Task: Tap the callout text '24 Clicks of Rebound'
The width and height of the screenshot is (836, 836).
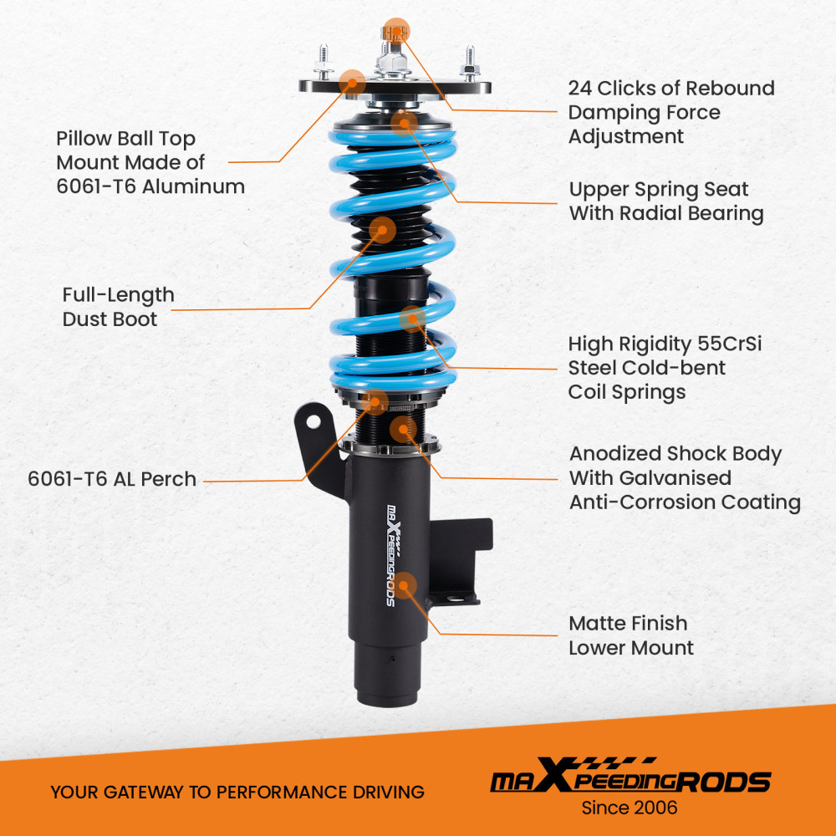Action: [x=670, y=89]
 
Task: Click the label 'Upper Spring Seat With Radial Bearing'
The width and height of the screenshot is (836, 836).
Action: [x=666, y=201]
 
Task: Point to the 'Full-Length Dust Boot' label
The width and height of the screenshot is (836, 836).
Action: [x=118, y=306]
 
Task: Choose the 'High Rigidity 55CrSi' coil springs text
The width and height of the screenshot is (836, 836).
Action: [x=665, y=344]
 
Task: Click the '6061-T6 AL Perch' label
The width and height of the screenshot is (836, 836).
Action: [x=112, y=479]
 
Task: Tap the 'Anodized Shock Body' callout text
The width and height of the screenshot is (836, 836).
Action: [x=675, y=454]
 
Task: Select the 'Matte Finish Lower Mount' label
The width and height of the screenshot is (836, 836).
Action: [x=630, y=635]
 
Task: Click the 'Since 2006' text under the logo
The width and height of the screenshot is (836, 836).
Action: [x=630, y=808]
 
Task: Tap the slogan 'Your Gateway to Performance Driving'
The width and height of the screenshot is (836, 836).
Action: [x=237, y=792]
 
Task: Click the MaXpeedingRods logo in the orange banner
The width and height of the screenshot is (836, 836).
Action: [x=630, y=780]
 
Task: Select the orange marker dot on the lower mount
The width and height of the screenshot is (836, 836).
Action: [x=406, y=584]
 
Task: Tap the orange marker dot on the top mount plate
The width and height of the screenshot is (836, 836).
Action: [x=352, y=81]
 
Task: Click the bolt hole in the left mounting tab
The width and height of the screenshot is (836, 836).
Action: [x=313, y=422]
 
